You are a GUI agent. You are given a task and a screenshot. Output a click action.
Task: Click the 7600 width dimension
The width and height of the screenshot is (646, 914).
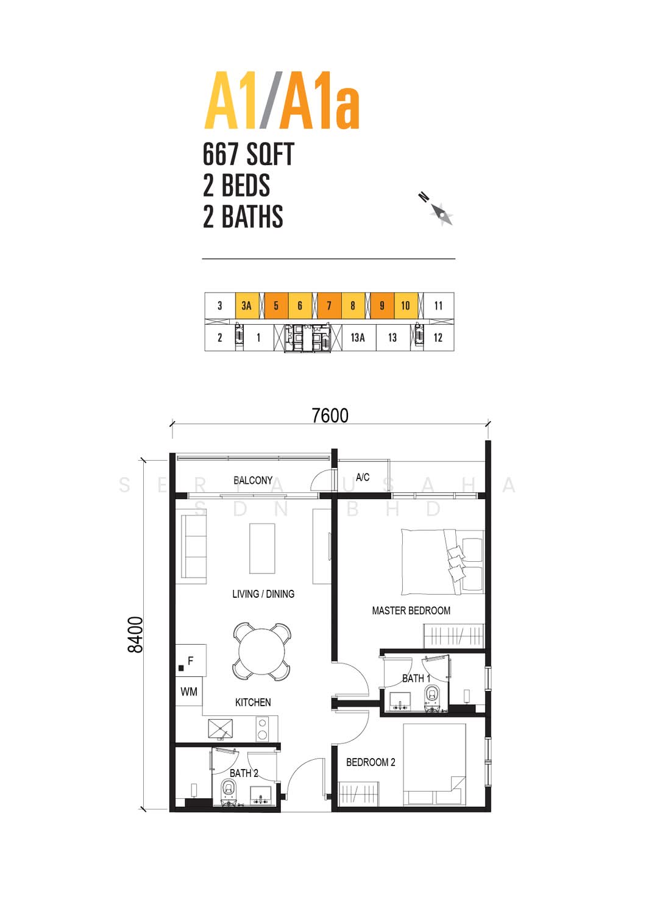click(330, 416)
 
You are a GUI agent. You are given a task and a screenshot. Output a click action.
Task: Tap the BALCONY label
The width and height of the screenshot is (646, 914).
click(253, 480)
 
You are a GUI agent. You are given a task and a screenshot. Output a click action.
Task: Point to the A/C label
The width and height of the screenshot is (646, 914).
click(363, 477)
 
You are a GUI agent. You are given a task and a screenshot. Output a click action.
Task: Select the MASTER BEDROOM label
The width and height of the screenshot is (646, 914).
click(411, 611)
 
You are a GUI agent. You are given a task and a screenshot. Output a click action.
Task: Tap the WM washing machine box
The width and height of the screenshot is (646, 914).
click(188, 692)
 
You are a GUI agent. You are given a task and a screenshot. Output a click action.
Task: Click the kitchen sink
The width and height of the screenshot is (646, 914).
click(221, 729)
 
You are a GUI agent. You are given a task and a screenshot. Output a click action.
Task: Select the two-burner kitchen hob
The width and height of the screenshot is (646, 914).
click(263, 729)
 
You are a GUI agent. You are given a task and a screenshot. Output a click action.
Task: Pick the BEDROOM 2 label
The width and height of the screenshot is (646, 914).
click(371, 762)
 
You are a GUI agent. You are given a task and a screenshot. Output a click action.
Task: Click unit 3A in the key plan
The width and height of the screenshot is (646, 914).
click(247, 306)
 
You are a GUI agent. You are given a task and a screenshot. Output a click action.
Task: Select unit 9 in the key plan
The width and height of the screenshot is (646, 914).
click(382, 306)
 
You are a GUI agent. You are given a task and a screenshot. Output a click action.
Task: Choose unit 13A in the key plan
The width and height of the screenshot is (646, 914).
click(358, 338)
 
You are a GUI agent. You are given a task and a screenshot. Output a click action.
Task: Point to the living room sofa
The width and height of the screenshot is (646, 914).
click(193, 547)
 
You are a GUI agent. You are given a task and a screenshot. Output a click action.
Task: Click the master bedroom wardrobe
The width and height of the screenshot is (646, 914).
click(454, 636)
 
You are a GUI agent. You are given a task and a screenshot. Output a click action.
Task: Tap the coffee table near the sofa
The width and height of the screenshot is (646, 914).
click(262, 549)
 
